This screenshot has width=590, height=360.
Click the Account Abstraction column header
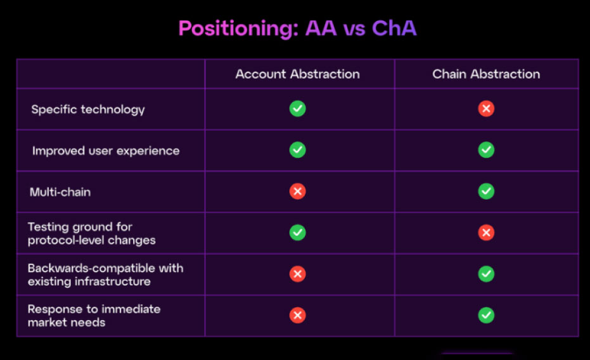[297, 74]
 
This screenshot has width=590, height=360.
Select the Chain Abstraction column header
[486, 74]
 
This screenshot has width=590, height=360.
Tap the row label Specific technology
[88, 110]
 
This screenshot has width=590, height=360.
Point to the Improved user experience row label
[106, 151]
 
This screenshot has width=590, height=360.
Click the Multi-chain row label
[60, 192]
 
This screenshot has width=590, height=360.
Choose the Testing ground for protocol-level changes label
[91, 233]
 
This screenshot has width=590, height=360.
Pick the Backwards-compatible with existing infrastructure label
[105, 274]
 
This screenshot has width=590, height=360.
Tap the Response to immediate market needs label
[94, 316]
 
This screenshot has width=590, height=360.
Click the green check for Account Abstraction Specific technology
[297, 109]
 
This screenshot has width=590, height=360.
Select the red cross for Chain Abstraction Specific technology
[486, 109]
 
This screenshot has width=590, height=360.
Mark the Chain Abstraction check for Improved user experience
[486, 150]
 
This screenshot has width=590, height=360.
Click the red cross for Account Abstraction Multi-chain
[297, 191]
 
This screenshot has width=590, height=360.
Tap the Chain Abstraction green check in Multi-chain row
[486, 191]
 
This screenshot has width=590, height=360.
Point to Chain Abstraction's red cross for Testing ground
[486, 233]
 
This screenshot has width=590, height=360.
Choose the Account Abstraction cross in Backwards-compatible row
[297, 274]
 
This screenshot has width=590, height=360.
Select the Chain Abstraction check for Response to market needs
[486, 315]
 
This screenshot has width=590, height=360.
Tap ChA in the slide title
[394, 28]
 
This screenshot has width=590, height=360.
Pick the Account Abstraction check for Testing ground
[297, 233]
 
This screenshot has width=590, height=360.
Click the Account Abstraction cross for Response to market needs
[297, 315]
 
